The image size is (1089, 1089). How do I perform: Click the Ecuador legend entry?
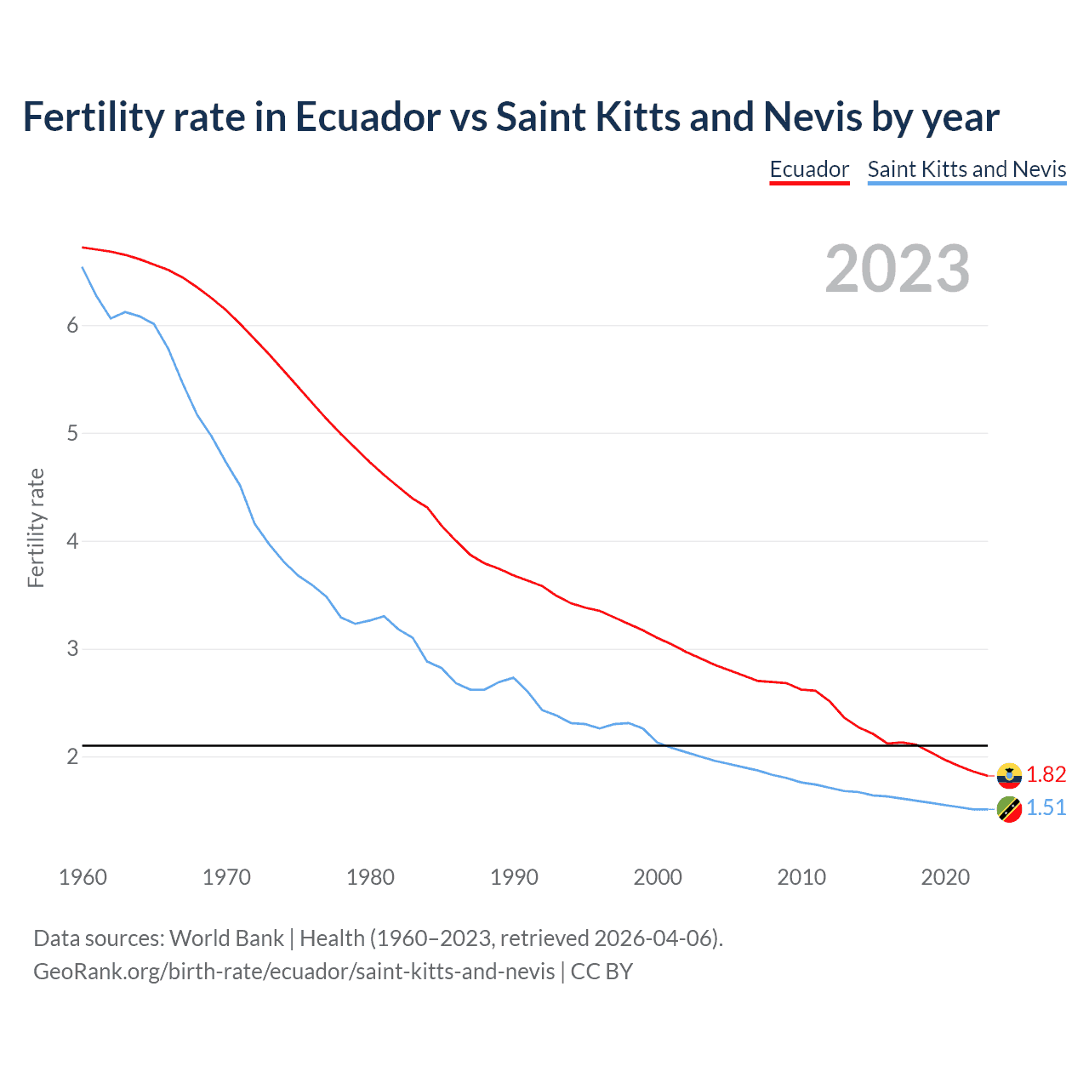809,169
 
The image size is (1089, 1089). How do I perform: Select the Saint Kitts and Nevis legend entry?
966,169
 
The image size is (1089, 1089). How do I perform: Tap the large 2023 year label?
898,269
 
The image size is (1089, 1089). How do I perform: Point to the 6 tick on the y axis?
72,325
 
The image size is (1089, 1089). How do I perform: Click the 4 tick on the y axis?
72,541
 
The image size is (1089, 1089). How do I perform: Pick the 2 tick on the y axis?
72,756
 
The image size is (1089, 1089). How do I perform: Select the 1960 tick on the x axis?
83,877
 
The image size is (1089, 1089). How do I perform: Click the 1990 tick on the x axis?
514,877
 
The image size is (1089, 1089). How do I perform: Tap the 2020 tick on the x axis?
945,877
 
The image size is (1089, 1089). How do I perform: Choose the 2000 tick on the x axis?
658,877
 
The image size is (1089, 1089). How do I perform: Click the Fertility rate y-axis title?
36,527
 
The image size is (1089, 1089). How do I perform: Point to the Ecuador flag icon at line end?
1009,775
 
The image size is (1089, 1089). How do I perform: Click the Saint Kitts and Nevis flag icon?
1009,809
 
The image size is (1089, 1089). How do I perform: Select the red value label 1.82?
1046,774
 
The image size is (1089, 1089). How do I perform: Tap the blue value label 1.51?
1046,807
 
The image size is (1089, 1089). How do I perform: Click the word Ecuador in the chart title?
368,117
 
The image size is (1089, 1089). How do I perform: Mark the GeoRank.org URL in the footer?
294,972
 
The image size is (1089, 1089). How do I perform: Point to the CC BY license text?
602,972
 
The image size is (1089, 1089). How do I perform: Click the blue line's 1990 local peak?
513,677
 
